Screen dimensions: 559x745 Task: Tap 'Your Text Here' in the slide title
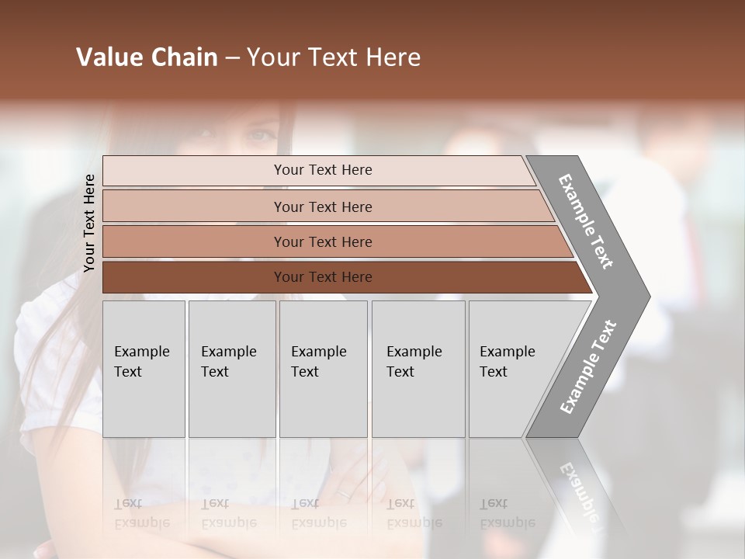pos(334,57)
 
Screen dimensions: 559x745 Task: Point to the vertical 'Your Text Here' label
pos(89,223)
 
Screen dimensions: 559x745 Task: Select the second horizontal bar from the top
pos(322,207)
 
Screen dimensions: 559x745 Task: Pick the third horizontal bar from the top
pos(322,241)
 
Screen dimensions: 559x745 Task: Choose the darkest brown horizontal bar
pos(322,277)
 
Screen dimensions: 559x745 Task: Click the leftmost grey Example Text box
pos(144,369)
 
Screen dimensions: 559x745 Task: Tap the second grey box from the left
pos(231,369)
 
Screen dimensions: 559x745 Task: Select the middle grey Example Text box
pos(323,369)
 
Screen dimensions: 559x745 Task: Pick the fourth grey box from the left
pos(418,369)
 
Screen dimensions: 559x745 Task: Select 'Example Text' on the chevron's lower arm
pos(588,366)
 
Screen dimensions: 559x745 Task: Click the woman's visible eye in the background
pos(260,136)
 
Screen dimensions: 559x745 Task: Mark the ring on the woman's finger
pos(343,493)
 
